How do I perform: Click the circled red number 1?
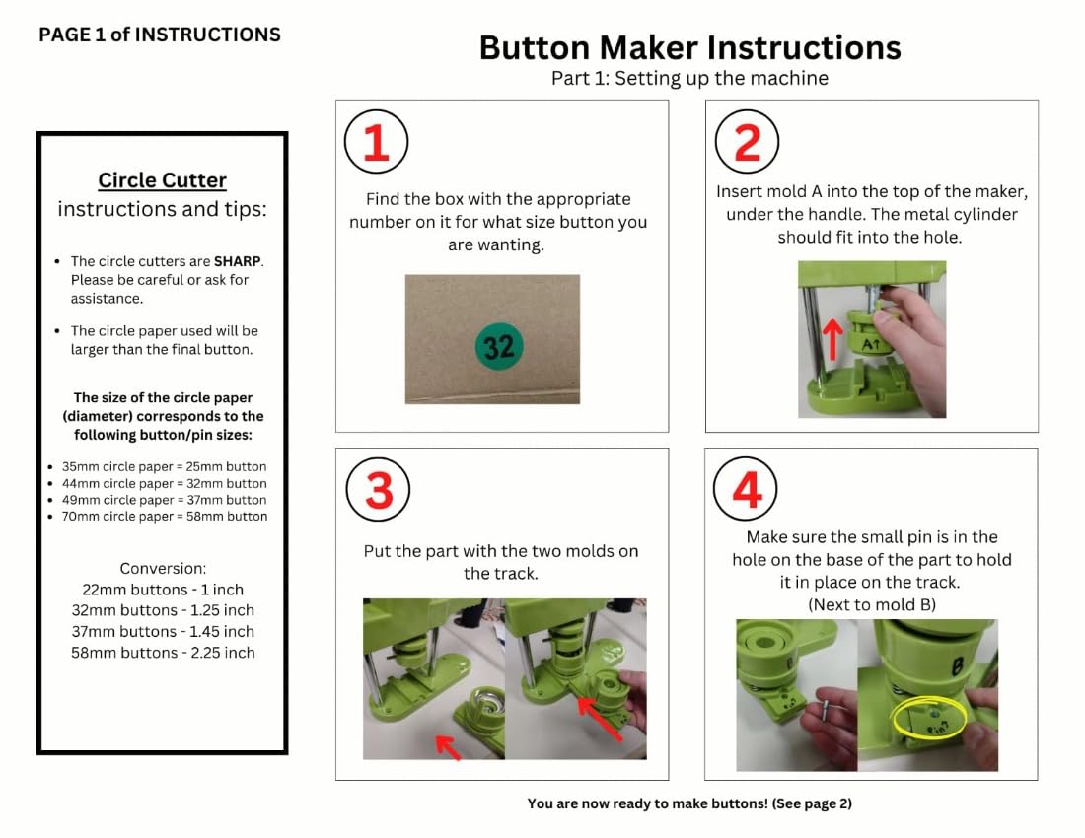[376, 142]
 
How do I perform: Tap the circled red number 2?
[747, 142]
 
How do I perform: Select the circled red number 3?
[378, 490]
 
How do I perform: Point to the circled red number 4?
[746, 489]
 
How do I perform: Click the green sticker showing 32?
[498, 346]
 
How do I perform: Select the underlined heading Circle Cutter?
[162, 180]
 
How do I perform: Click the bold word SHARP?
[238, 261]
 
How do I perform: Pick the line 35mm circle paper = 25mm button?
[164, 466]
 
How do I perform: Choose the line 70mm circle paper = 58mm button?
[164, 517]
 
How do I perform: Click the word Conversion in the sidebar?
[163, 568]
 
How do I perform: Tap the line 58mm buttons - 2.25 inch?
[163, 653]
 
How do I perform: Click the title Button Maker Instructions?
[689, 48]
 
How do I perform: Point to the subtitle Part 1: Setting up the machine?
[689, 78]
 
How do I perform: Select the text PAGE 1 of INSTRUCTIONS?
[160, 35]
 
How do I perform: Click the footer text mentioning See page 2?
[689, 803]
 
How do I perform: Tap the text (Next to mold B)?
[872, 605]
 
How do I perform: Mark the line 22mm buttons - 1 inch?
[163, 590]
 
